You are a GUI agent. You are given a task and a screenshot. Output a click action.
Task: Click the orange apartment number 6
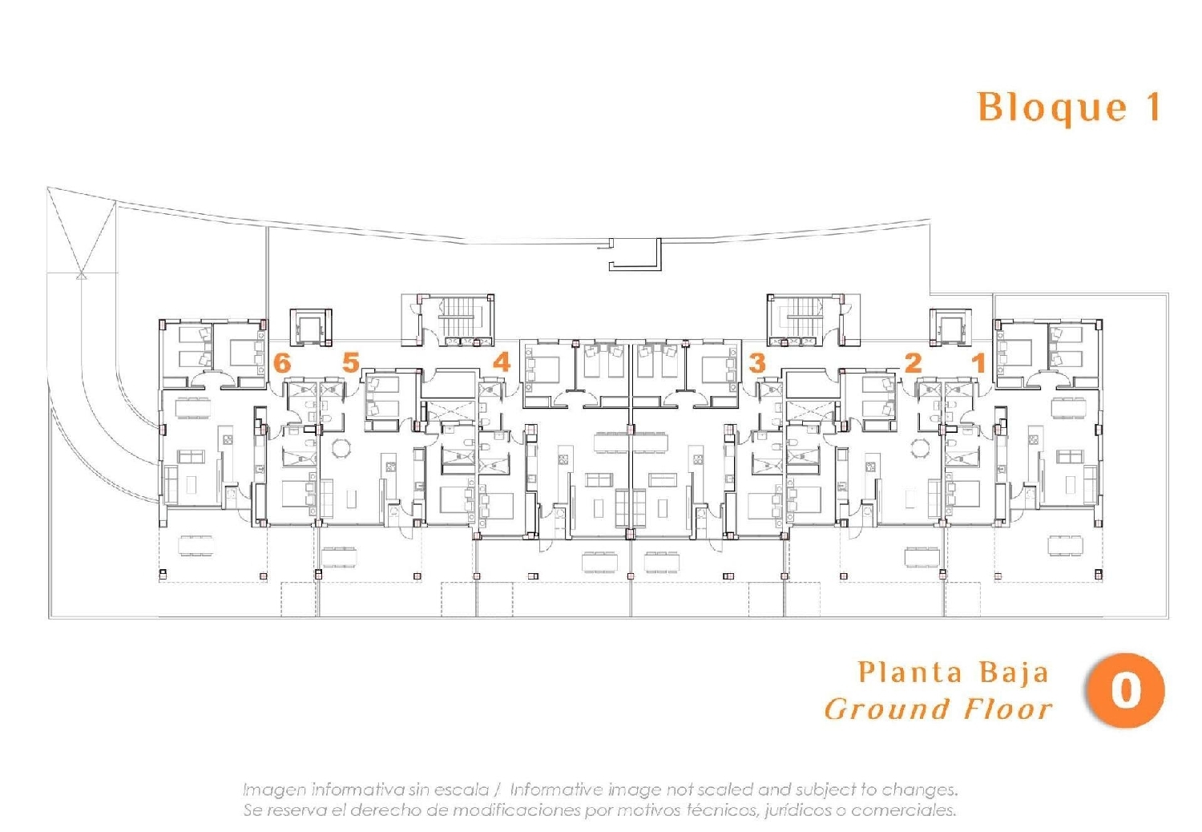click(282, 363)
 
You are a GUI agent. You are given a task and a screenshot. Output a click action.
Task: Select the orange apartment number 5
click(351, 362)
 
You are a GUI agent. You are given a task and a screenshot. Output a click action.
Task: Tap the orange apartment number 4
click(502, 362)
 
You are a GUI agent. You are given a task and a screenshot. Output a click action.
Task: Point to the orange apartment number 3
click(757, 363)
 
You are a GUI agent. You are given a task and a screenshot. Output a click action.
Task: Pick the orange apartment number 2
click(913, 363)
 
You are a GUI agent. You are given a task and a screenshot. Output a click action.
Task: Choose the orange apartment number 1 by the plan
click(980, 363)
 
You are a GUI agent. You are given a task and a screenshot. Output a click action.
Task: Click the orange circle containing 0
click(1125, 690)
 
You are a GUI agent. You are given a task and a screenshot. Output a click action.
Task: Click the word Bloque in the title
click(1052, 109)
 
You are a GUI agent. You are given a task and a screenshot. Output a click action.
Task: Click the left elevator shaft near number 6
click(311, 327)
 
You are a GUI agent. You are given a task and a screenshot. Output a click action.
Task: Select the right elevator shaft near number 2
click(950, 327)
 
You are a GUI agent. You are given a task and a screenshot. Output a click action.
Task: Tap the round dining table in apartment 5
click(341, 448)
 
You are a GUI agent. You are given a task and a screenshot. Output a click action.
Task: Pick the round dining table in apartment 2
click(920, 448)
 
